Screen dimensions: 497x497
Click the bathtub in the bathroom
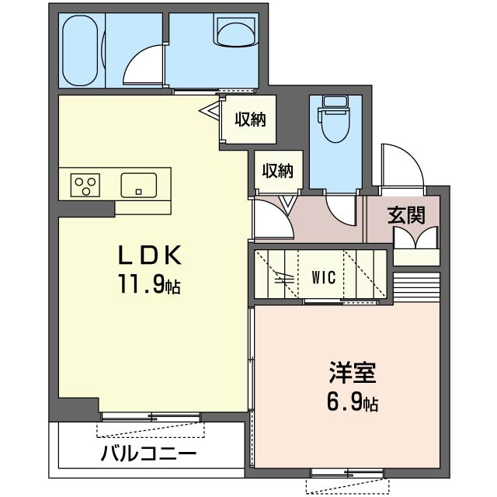80,50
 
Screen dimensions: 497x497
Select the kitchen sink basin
139,186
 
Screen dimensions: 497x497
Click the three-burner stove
85,185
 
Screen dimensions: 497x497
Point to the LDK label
150,255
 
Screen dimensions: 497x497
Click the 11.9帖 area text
149,284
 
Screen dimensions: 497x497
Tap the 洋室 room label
352,373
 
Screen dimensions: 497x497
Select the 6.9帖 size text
352,402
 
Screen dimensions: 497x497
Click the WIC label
323,278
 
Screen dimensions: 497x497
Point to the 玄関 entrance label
406,216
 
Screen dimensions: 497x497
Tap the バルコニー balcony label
148,454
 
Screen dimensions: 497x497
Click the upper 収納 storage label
250,120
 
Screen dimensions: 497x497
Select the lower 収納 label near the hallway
277,171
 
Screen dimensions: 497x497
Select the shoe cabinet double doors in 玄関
416,238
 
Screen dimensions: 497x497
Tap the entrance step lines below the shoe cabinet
416,287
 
